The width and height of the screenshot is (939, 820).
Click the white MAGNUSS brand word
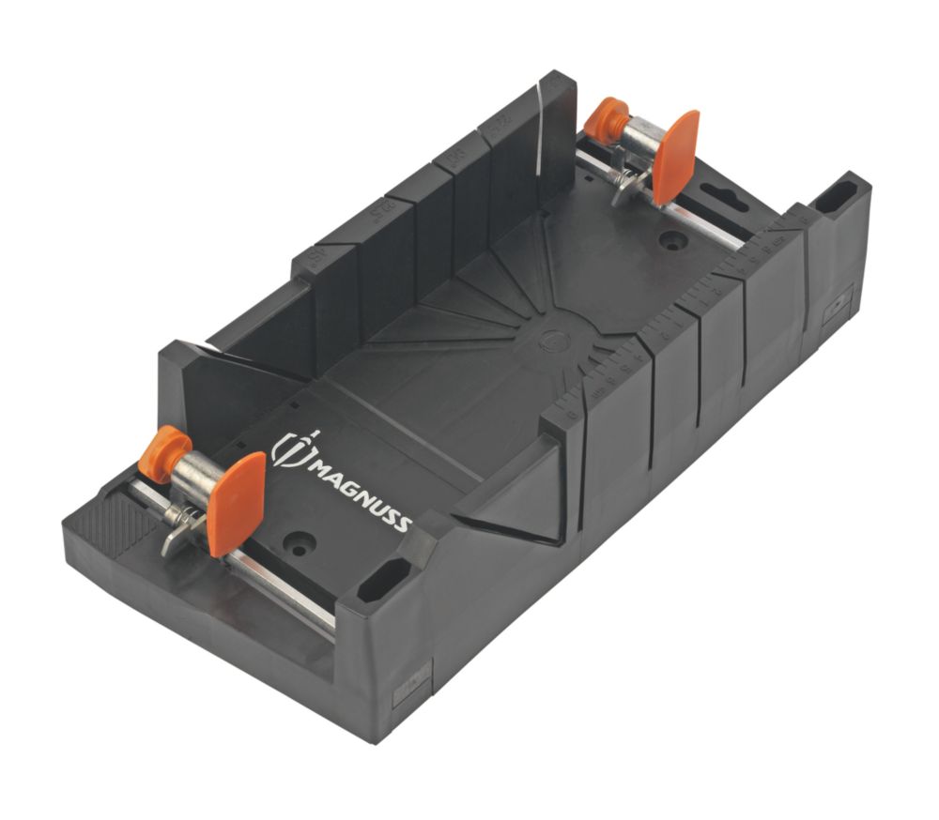tap(359, 489)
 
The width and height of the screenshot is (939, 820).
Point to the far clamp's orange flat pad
tap(675, 156)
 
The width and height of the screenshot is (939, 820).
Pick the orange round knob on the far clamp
tap(606, 121)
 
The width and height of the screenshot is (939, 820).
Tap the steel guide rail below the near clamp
tap(282, 586)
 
